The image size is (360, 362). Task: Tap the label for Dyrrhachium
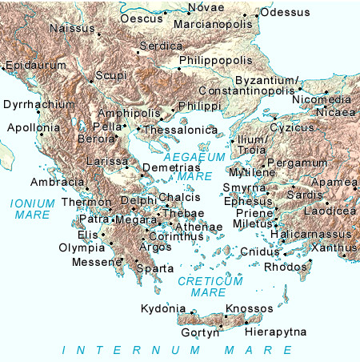[x=39, y=104]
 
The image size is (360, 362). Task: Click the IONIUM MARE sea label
[x=32, y=209]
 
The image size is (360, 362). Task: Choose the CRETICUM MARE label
[x=210, y=286]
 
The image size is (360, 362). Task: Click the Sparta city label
[x=155, y=268]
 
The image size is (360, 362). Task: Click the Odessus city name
[x=286, y=12]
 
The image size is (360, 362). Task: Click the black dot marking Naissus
[x=99, y=35]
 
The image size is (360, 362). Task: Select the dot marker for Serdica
[x=138, y=52]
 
